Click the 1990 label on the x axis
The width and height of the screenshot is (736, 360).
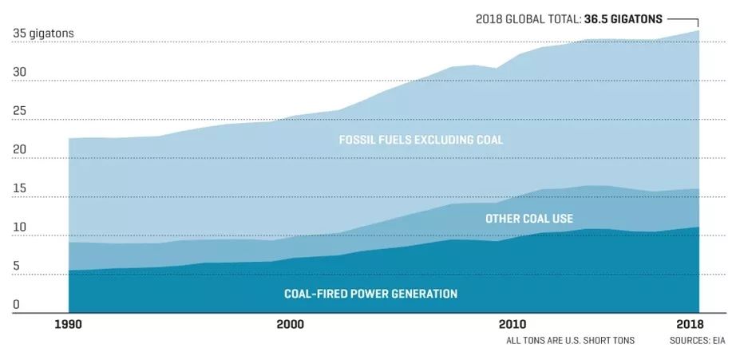point(69,324)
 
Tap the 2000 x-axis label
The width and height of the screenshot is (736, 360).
point(289,324)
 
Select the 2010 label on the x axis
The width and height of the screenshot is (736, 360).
point(512,324)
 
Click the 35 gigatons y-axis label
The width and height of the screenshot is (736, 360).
point(43,34)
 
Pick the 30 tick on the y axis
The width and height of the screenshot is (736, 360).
point(19,73)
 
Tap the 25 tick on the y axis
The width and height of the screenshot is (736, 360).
point(19,112)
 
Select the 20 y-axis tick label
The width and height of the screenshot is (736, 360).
point(19,150)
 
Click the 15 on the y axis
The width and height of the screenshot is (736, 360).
point(19,189)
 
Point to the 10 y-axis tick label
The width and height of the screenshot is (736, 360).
point(19,227)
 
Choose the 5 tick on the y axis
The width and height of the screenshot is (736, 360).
point(16,267)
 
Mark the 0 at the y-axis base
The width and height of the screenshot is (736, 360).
point(16,305)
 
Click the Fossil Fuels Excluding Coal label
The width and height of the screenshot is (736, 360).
point(421,140)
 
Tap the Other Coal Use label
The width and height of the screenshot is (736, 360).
point(529,218)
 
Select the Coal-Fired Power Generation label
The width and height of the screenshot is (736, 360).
point(370,294)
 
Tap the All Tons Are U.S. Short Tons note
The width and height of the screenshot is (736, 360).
point(570,341)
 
